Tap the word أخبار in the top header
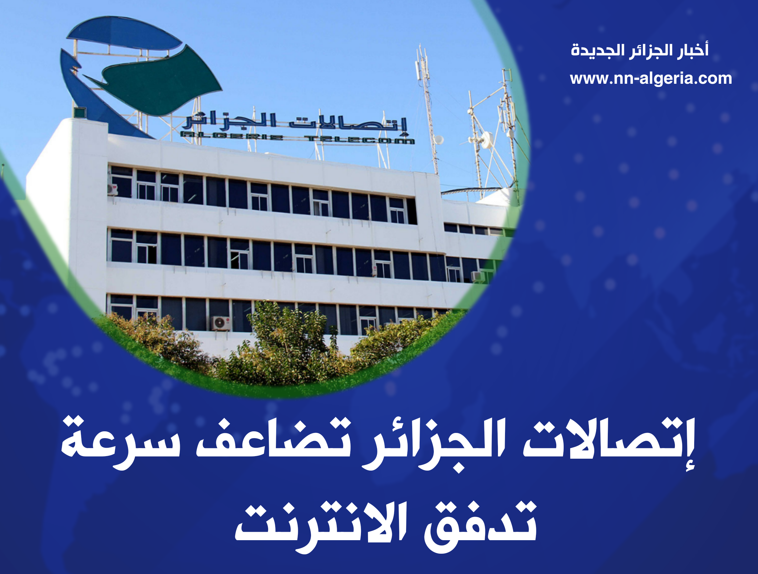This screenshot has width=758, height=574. click(x=693, y=50)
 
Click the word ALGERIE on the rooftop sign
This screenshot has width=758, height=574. click(x=232, y=137)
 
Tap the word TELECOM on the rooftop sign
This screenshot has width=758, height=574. click(x=359, y=140)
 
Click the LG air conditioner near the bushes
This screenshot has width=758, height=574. click(x=221, y=323)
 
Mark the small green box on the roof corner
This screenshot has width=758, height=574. click(x=80, y=113)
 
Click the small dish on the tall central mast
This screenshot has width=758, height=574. click(x=439, y=140)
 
